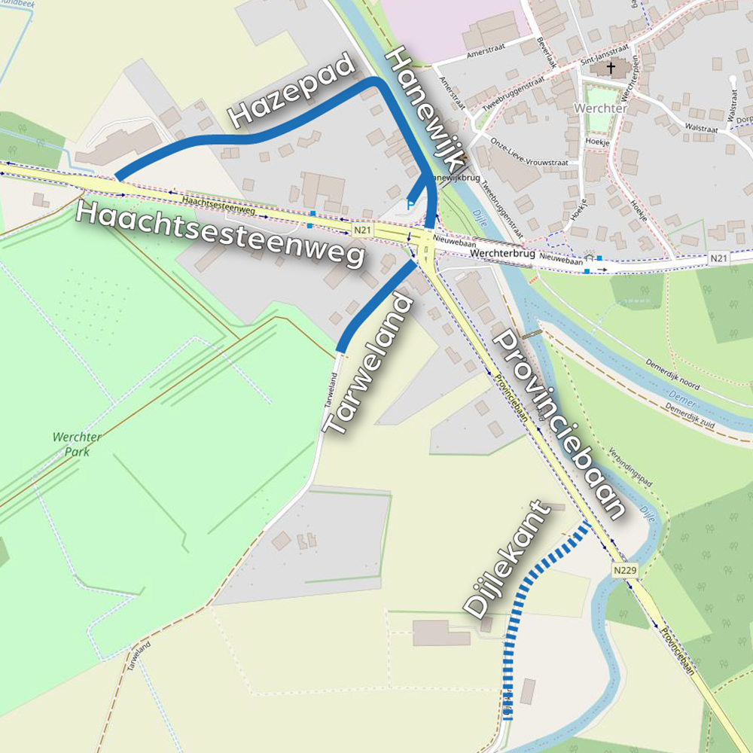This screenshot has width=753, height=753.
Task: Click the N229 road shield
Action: point(624,571)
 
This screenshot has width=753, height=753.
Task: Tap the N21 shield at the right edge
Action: point(719,258)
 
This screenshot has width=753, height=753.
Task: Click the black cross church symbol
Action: point(611,69)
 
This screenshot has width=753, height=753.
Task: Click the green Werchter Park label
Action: point(77,444)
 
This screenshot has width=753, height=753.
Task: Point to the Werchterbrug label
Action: point(501,255)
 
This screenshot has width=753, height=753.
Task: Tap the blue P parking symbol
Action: point(410,204)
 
